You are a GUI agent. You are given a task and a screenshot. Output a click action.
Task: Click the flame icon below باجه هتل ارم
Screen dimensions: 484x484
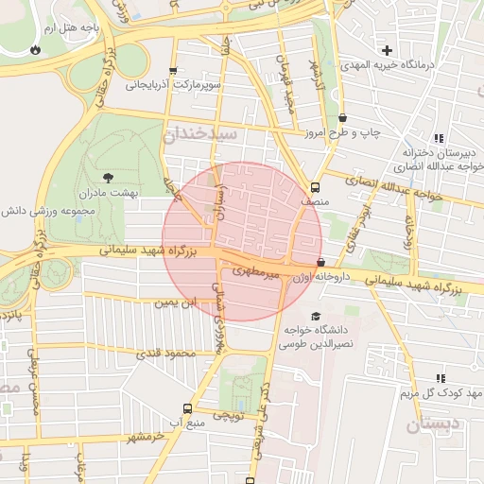(36, 48)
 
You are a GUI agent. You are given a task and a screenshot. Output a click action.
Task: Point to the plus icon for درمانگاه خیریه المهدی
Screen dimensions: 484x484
(386, 49)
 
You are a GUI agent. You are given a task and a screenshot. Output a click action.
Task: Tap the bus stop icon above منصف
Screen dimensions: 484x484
(315, 186)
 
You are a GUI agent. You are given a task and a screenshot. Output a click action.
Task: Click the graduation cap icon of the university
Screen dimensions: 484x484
(315, 316)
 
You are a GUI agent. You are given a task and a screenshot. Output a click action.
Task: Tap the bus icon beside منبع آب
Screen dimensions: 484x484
(187, 409)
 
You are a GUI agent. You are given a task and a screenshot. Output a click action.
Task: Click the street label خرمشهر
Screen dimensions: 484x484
(147, 437)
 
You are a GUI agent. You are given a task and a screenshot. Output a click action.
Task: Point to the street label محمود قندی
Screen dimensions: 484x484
(164, 354)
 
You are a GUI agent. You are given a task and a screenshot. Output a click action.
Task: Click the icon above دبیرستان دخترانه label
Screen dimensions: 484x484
(439, 138)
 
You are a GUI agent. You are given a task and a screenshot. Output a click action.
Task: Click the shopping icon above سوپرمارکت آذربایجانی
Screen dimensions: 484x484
(172, 71)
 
